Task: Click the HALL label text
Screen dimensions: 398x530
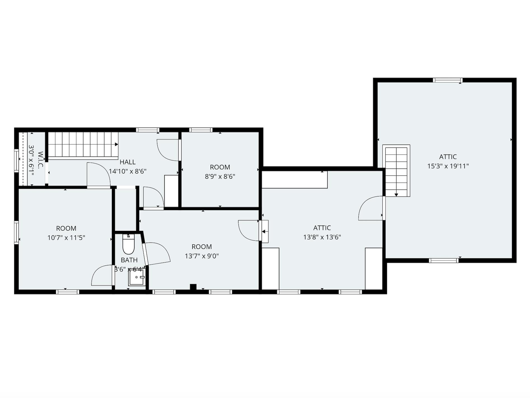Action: [x=128, y=162]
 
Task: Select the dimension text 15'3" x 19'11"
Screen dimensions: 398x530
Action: [x=448, y=166]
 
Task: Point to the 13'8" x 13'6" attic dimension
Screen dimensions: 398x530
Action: [x=322, y=237]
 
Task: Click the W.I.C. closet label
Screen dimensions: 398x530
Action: [x=40, y=160]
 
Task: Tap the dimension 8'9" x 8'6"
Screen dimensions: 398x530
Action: [x=220, y=177]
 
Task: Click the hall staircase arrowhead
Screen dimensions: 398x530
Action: [x=116, y=144]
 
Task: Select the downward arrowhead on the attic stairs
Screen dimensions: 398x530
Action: [x=396, y=195]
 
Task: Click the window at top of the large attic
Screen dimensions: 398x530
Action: [x=447, y=80]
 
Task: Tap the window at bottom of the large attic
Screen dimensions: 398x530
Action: [x=444, y=261]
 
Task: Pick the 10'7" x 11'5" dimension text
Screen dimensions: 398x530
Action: [x=66, y=238]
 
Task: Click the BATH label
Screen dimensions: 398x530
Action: [x=129, y=260]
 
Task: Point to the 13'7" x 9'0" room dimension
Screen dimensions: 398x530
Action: [x=201, y=256]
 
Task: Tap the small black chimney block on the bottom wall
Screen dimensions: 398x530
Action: [x=193, y=287]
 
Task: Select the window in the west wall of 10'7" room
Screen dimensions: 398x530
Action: [x=17, y=232]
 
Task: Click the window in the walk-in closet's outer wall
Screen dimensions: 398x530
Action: [x=17, y=160]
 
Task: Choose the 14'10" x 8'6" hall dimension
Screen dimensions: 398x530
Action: [x=128, y=172]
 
